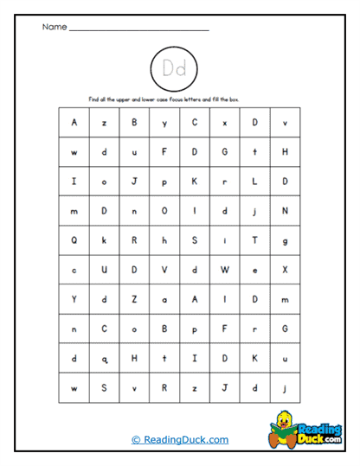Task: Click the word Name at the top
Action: click(54, 27)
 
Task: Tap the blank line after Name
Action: click(138, 29)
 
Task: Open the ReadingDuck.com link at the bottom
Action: click(180, 439)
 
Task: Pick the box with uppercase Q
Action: click(74, 240)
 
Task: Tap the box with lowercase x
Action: click(224, 123)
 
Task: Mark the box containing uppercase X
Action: click(285, 271)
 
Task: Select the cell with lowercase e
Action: click(254, 271)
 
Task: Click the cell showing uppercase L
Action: click(254, 182)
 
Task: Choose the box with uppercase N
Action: click(285, 211)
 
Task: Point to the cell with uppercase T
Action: click(254, 240)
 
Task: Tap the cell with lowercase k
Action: click(104, 240)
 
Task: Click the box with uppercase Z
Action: click(134, 300)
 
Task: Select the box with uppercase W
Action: click(224, 271)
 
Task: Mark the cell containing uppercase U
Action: click(104, 271)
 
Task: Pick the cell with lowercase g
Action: click(285, 240)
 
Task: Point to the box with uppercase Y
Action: click(74, 300)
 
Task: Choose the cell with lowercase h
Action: click(164, 240)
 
